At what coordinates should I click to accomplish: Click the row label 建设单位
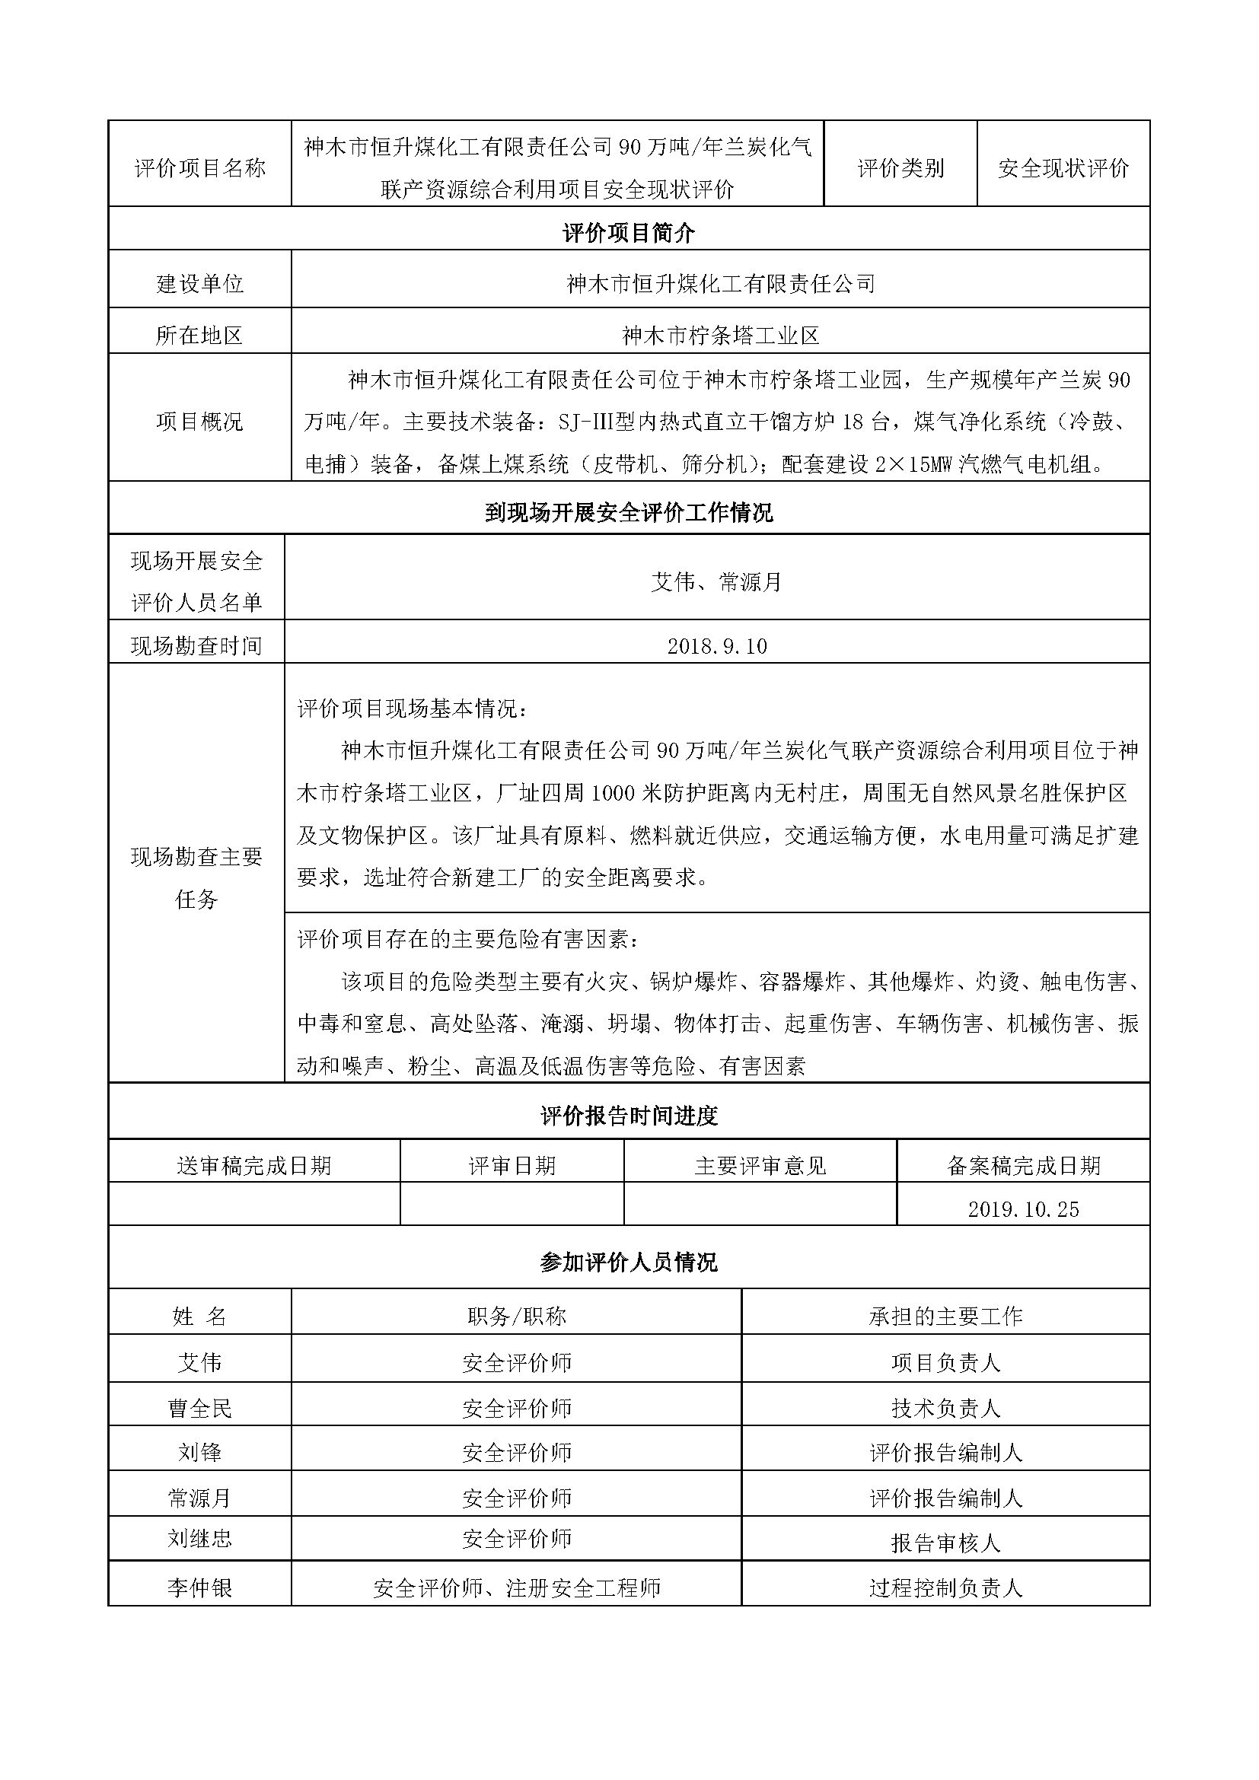point(200,284)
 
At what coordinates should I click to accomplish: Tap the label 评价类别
point(900,168)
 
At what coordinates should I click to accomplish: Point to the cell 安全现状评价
point(1063,168)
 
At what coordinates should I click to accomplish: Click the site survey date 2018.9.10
point(717,646)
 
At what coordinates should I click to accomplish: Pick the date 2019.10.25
point(1023,1208)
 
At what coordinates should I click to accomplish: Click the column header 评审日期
point(512,1165)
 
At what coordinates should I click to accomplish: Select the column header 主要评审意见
point(760,1165)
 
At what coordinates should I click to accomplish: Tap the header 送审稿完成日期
point(254,1165)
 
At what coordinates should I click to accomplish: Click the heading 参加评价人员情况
point(629,1262)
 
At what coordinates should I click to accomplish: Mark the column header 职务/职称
point(516,1316)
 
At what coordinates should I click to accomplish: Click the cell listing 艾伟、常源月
point(717,581)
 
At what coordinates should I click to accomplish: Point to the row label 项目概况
point(200,421)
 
